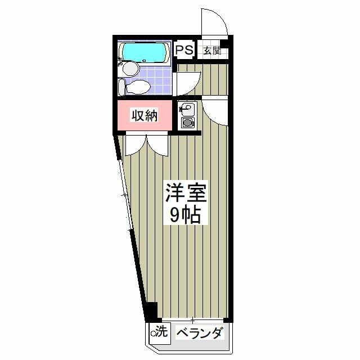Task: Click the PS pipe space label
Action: pos(184,50)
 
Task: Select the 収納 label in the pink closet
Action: pos(144,115)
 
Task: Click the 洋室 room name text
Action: pos(186,193)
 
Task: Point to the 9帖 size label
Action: pos(186,215)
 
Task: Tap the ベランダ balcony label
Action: pos(200,333)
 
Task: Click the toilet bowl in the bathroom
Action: pos(138,87)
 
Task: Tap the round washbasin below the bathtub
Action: pos(131,68)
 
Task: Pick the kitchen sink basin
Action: pos(186,109)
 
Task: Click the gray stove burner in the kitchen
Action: pos(187,123)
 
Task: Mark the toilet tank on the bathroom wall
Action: pos(121,87)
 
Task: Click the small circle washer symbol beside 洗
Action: pos(153,333)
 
